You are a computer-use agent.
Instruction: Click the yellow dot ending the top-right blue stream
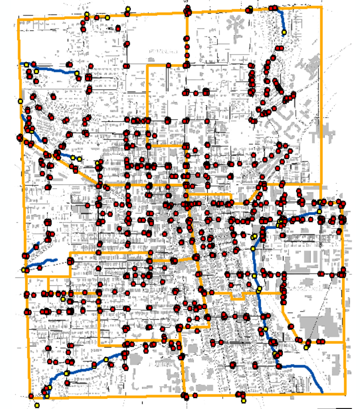point(284,32)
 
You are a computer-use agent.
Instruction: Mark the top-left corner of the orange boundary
point(18,19)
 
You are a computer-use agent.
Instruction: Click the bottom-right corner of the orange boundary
point(345,394)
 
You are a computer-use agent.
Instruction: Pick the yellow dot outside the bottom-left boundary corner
point(37,405)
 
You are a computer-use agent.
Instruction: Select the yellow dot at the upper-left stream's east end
point(77,73)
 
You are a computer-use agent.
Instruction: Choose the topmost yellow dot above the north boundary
point(128,9)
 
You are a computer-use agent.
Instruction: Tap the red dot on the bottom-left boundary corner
point(31,396)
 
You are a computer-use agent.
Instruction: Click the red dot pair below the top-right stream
point(280,47)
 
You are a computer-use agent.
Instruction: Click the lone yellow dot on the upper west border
point(20,101)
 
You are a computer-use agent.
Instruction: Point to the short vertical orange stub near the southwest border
point(48,285)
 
